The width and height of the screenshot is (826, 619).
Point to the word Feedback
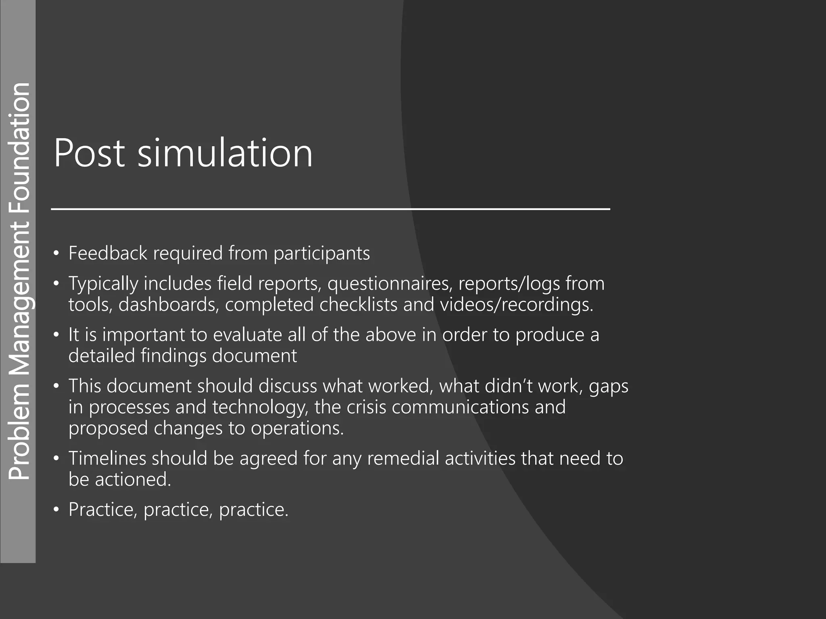pos(108,253)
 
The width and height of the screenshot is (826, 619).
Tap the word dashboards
pos(169,304)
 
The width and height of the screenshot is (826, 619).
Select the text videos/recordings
pos(516,305)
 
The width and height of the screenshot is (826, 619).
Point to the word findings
pos(173,356)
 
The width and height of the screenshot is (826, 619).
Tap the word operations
pos(297,428)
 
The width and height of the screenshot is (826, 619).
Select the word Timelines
pos(106,458)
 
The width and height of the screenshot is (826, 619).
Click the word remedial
pos(403,458)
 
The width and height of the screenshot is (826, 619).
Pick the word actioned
pos(133,479)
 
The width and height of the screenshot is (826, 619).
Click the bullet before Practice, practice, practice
pos(56,510)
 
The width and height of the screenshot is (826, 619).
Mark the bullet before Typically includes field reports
pos(56,284)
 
